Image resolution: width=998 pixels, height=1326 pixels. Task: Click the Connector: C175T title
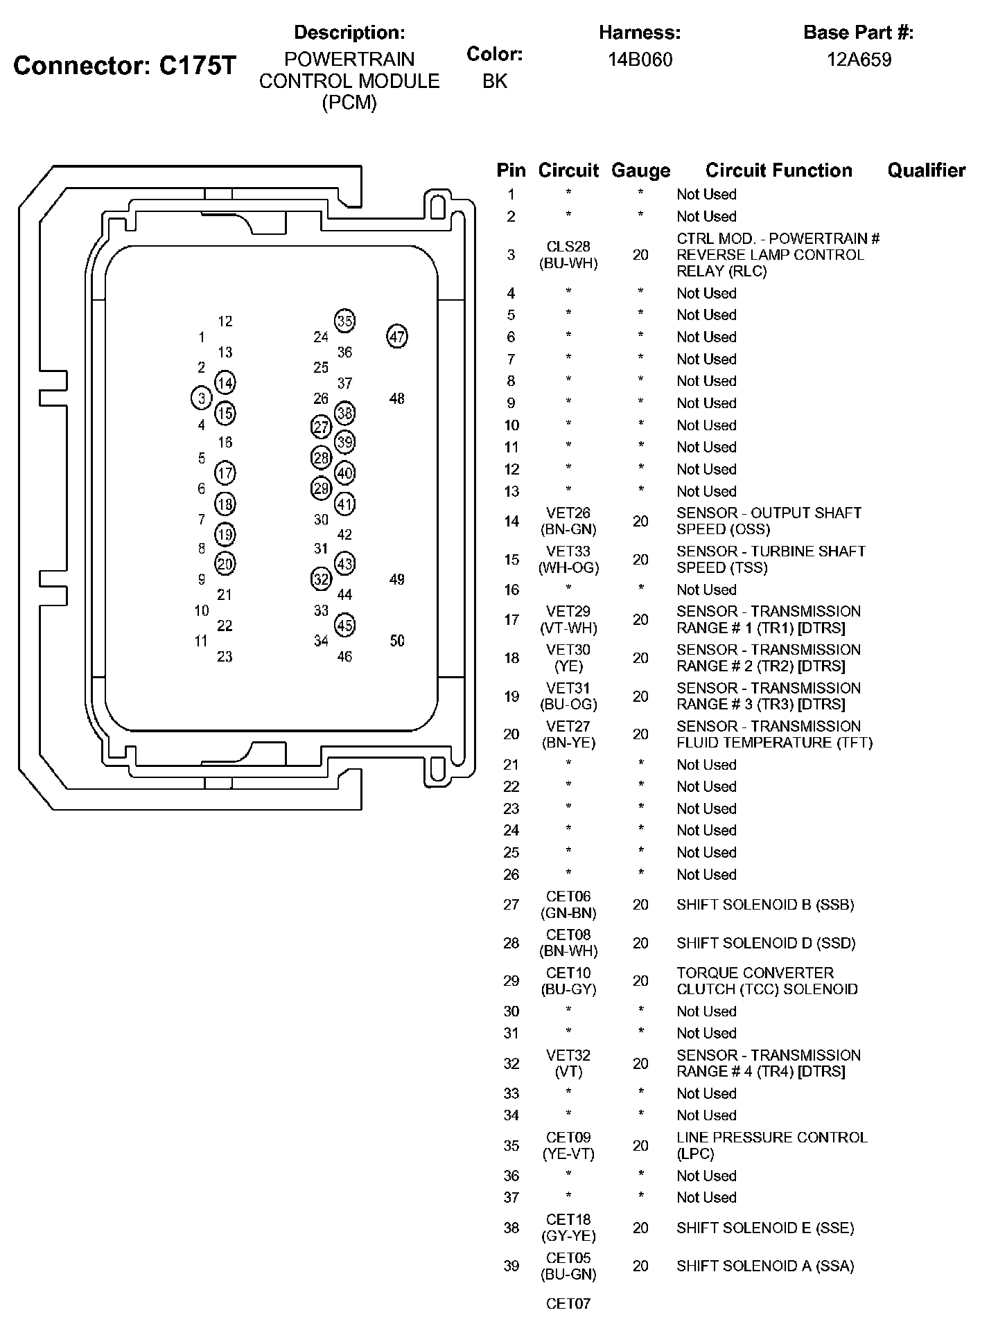click(x=125, y=66)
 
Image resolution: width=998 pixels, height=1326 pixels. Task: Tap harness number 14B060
click(x=640, y=60)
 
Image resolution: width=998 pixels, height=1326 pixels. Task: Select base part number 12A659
click(x=859, y=60)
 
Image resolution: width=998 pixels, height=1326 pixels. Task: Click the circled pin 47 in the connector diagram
click(x=396, y=337)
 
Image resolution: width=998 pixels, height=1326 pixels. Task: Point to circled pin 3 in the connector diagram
click(x=201, y=398)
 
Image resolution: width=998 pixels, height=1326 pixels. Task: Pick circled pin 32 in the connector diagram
click(x=321, y=579)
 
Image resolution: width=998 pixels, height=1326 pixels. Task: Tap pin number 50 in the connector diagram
click(x=396, y=641)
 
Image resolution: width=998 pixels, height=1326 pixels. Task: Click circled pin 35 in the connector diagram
click(x=344, y=321)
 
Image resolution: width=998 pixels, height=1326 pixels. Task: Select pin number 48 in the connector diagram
click(x=396, y=398)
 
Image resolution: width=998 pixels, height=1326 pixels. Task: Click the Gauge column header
click(x=640, y=170)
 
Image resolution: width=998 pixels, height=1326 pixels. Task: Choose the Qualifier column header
click(x=926, y=170)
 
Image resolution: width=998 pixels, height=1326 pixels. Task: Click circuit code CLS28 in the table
click(x=568, y=247)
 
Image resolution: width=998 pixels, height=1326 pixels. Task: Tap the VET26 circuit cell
click(x=568, y=521)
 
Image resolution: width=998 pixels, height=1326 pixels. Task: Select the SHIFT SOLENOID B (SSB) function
click(x=765, y=905)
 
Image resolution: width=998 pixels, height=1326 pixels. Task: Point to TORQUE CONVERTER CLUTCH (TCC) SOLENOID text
click(x=767, y=981)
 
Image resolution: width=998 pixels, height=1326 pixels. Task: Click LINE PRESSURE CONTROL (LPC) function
click(x=771, y=1145)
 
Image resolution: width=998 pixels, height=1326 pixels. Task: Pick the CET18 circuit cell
click(x=568, y=1228)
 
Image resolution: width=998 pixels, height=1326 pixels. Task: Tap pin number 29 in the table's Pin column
click(x=511, y=981)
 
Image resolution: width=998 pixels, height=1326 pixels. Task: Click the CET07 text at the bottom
click(x=568, y=1304)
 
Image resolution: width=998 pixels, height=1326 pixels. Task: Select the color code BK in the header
click(x=494, y=81)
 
